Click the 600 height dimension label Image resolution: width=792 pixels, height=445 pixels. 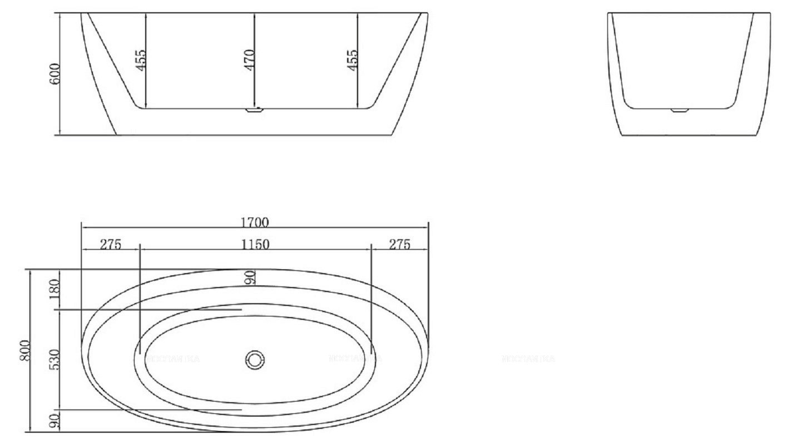pos(55,73)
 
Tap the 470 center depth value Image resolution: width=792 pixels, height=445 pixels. pos(249,60)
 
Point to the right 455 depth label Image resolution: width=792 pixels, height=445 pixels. pos(352,60)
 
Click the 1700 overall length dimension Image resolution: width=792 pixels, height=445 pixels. pos(254,222)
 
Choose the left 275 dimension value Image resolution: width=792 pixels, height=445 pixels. pos(110,244)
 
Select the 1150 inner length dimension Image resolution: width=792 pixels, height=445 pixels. pos(255,244)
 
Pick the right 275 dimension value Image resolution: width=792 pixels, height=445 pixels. pos(399,244)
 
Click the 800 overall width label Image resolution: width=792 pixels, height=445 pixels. pos(24,350)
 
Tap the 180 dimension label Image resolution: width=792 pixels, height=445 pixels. pos(55,289)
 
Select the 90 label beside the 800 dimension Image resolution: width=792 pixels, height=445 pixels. pos(55,421)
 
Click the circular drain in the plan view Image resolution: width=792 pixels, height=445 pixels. pos(255,360)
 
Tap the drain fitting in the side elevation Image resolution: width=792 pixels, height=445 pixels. pos(254,110)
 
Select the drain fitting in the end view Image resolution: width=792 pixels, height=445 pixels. pos(680,110)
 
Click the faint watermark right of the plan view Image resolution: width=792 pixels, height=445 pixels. pos(528,359)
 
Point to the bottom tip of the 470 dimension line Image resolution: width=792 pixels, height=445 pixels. pos(255,107)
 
